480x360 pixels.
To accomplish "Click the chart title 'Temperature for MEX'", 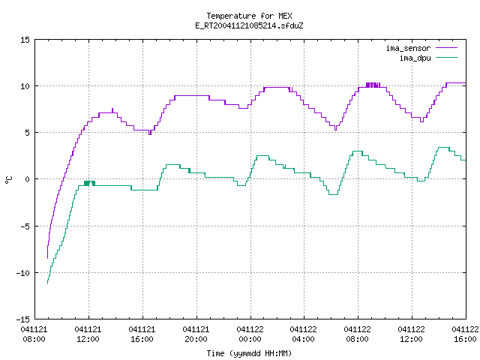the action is (x=249, y=16).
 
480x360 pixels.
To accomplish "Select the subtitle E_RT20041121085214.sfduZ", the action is (x=249, y=25).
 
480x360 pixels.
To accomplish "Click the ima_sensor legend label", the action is (x=408, y=48).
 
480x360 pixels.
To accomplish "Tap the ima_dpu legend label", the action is (x=415, y=58).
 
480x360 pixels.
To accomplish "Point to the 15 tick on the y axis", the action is (x=25, y=40).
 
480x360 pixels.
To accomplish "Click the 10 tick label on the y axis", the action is (x=25, y=86).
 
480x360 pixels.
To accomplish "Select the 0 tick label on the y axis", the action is (x=28, y=179).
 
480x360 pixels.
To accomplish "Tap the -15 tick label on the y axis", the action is (x=23, y=319).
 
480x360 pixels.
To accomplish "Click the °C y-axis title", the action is (x=8, y=180).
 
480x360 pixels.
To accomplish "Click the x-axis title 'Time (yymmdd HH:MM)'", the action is (x=249, y=353).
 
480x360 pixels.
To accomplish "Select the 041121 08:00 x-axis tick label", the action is (x=34, y=334).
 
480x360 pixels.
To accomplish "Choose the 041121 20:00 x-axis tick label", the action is (x=196, y=334).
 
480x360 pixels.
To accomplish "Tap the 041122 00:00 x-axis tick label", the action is (x=250, y=334).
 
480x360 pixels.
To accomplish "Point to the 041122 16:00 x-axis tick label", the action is (x=465, y=334).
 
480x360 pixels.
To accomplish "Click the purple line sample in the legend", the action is (x=447, y=48).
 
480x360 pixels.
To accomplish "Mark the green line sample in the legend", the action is (x=447, y=58).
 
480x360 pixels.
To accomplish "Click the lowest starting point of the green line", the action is (x=47, y=283).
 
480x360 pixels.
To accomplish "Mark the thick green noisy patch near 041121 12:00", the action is (x=90, y=183).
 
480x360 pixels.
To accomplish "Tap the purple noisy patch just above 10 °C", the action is (x=373, y=85).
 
